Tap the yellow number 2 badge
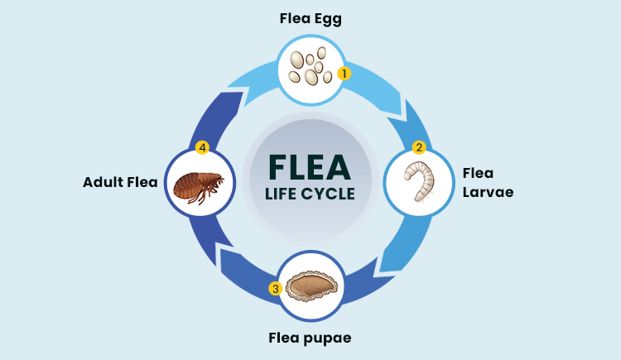coord(419,148)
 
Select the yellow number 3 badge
coord(275,289)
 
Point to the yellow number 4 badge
coord(201,148)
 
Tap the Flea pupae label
coord(310,338)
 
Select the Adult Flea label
coord(120,182)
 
